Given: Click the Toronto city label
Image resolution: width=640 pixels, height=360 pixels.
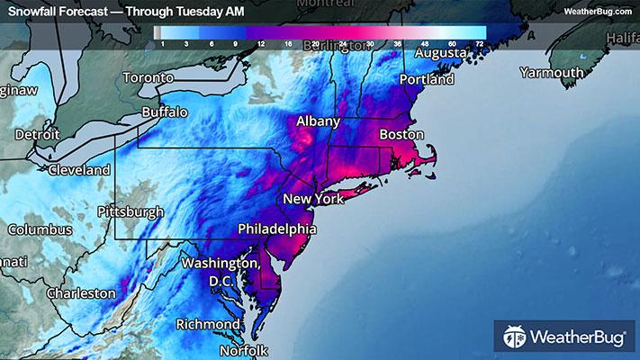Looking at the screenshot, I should (147, 77).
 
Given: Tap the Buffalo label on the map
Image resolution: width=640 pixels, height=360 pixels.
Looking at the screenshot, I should (165, 113).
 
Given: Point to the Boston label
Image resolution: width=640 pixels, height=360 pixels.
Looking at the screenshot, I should (401, 134).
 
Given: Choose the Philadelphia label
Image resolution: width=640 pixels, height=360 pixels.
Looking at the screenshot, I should (276, 229).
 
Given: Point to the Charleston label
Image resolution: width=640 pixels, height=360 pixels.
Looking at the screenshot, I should (82, 293).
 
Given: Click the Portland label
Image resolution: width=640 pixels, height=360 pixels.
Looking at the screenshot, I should (427, 80).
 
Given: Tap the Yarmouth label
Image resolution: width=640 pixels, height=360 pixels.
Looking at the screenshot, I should (554, 73).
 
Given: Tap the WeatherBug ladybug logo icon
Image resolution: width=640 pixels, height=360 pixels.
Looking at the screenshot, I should (514, 337).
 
